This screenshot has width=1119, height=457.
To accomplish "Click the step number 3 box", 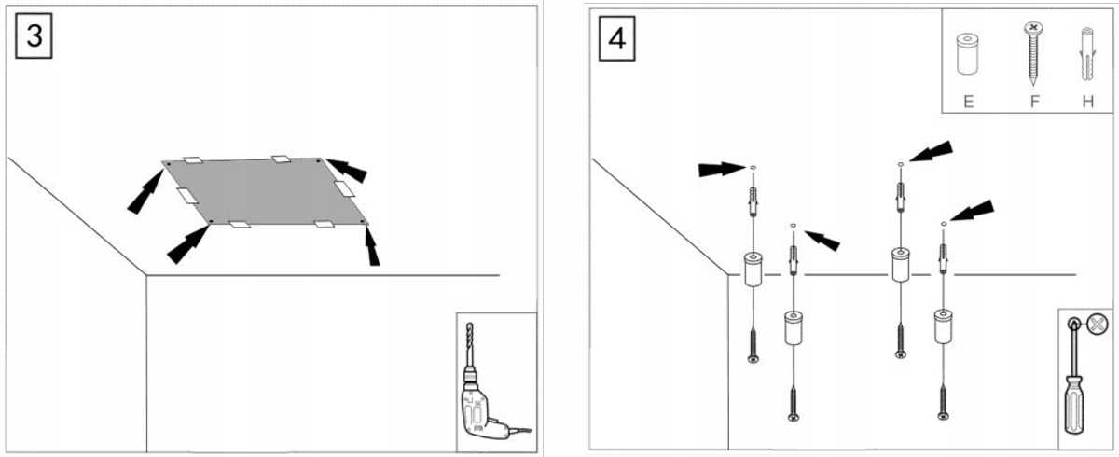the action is click(x=34, y=35).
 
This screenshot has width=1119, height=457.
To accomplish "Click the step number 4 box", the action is click(x=617, y=38).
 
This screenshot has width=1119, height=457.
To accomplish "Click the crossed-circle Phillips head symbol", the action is click(x=1098, y=325).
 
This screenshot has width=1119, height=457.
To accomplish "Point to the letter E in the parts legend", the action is click(x=968, y=102).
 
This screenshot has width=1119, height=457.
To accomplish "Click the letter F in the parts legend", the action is click(x=1034, y=102).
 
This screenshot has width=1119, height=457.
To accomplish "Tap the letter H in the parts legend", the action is click(x=1088, y=102).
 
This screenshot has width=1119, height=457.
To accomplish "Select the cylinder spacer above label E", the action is click(x=968, y=54).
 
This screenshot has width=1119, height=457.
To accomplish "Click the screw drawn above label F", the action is click(x=1033, y=52).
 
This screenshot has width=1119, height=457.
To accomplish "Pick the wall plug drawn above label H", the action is click(x=1087, y=54).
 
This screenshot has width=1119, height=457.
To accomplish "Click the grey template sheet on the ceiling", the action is click(x=265, y=191).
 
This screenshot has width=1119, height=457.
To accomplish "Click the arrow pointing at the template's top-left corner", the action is click(x=145, y=192).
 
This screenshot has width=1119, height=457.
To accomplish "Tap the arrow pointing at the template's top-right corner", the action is click(x=347, y=170).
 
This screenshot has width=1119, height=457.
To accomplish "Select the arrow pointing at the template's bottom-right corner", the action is click(x=372, y=245).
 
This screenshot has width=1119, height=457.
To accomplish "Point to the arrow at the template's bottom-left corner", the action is click(x=187, y=244).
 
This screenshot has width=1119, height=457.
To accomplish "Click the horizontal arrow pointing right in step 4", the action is click(x=723, y=170).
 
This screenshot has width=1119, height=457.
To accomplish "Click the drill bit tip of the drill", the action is click(x=468, y=325).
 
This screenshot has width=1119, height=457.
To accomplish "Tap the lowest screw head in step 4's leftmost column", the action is click(x=753, y=359).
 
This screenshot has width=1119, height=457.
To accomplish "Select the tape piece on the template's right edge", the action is click(x=345, y=188).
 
